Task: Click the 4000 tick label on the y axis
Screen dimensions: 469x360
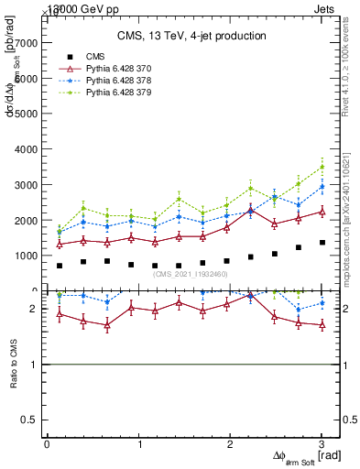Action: pyautogui.click(x=26, y=149)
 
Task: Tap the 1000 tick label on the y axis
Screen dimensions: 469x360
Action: pyautogui.click(x=26, y=256)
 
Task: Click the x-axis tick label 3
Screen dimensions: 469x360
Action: pyautogui.click(x=322, y=444)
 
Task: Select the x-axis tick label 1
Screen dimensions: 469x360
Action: pyautogui.click(x=139, y=444)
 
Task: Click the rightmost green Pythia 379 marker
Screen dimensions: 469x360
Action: pyautogui.click(x=322, y=167)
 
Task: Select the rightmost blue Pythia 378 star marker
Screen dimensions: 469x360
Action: pyautogui.click(x=322, y=187)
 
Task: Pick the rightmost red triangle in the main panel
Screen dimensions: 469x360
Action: pyautogui.click(x=322, y=212)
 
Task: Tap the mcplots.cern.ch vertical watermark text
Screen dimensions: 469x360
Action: pyautogui.click(x=351, y=211)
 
